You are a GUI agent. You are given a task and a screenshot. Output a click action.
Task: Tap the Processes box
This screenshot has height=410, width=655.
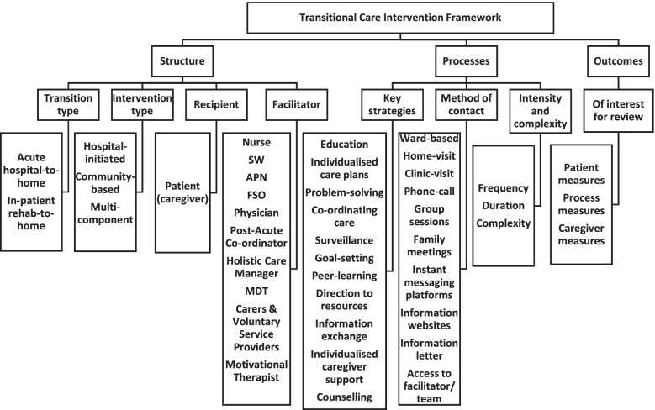coord(465,62)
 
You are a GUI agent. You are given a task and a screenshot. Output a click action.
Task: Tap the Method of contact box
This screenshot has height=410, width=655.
coord(464,103)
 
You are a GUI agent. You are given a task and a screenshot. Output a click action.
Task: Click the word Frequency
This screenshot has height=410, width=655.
coord(504,187)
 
